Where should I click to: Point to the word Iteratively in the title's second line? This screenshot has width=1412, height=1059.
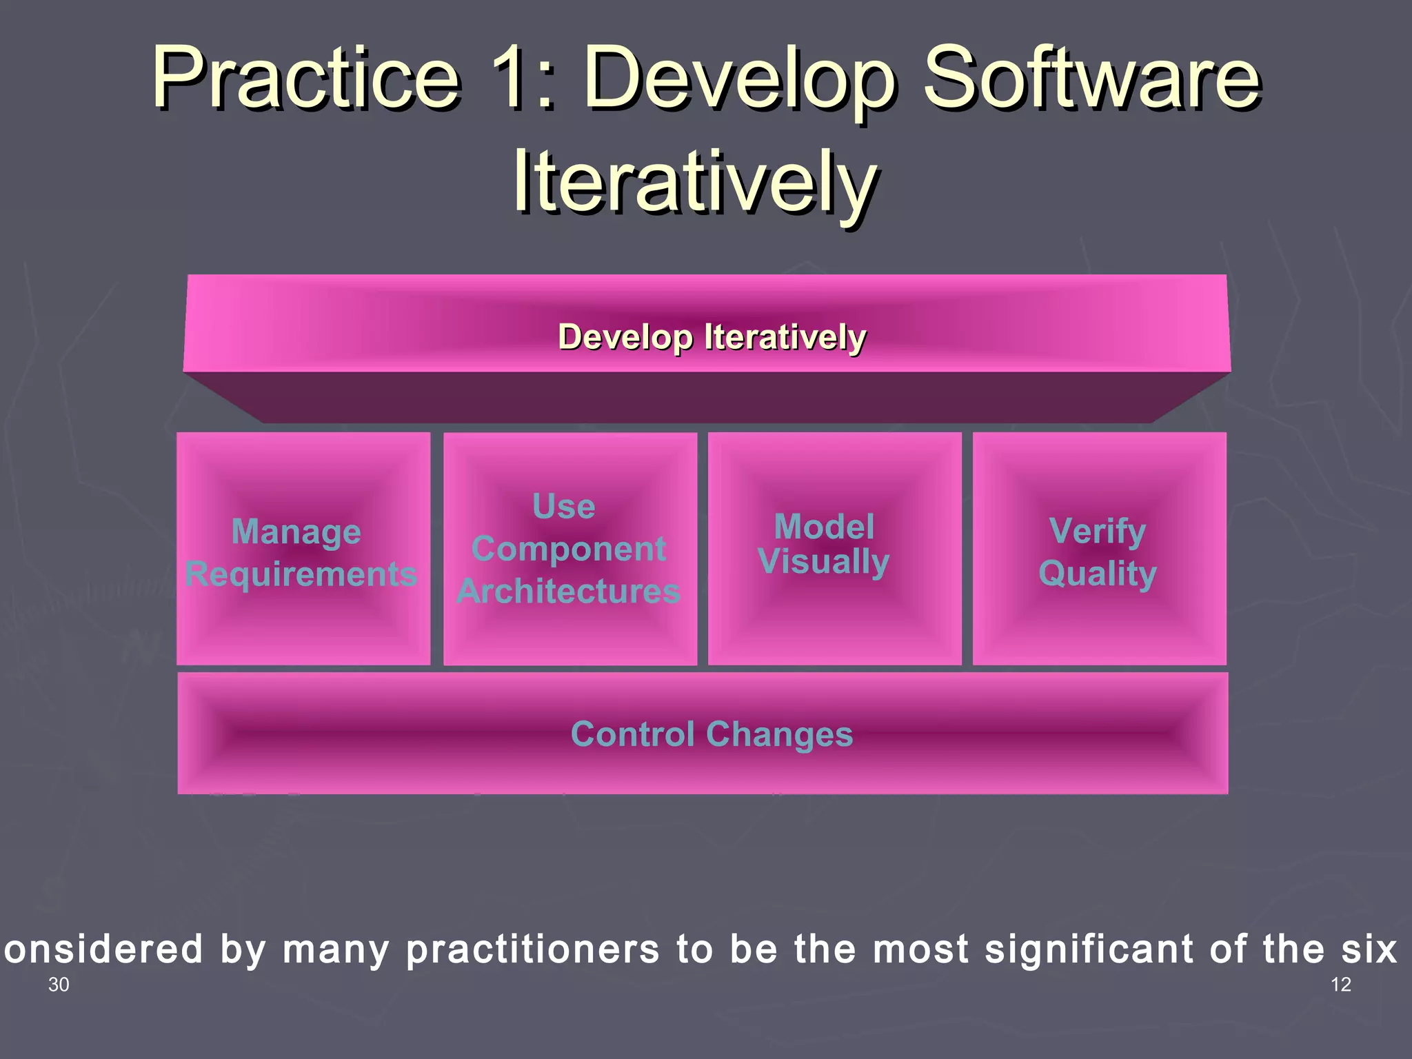[x=695, y=183]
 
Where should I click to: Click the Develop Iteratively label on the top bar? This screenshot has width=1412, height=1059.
[x=712, y=337]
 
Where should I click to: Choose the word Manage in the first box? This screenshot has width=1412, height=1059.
[x=296, y=532]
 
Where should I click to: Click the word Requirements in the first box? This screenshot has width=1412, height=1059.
[x=301, y=574]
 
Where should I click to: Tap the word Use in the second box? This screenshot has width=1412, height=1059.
[x=563, y=507]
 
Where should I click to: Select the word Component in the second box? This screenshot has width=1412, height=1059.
[x=569, y=549]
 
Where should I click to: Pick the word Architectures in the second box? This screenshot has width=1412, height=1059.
[x=569, y=592]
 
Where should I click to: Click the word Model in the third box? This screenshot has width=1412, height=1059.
[x=824, y=527]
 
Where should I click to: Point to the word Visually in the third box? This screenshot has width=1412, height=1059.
[x=823, y=561]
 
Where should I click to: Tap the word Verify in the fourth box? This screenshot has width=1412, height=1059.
[x=1097, y=532]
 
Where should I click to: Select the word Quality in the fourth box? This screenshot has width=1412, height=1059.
[x=1098, y=574]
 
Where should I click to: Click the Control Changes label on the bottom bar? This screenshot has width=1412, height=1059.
[x=712, y=734]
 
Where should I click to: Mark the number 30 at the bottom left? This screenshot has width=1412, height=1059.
[x=59, y=985]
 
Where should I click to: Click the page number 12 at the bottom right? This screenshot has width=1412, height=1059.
[x=1340, y=985]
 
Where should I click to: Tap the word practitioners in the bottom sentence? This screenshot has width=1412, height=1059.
[x=533, y=950]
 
